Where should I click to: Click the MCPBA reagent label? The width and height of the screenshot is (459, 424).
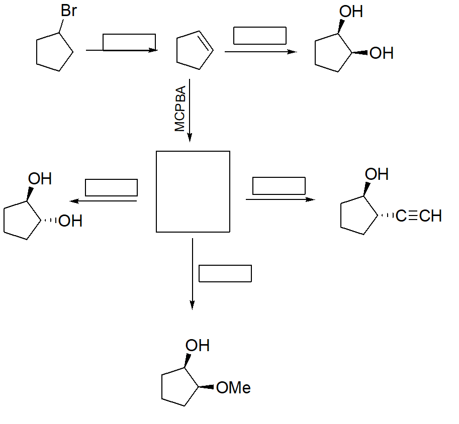180,109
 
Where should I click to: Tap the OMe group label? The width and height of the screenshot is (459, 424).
233,388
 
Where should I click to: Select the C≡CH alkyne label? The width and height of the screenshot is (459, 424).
418,216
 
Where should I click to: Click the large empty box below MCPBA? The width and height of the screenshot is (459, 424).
193,191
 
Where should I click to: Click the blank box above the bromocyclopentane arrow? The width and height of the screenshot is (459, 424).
129,42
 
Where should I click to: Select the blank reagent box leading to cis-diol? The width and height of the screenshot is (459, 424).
260,36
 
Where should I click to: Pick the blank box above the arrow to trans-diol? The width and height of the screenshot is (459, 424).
112,187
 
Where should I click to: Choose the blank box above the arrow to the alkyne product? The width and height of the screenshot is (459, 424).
279,185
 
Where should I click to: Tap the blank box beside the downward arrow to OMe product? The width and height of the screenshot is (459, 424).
225,273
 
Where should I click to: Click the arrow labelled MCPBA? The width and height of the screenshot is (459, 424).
190,111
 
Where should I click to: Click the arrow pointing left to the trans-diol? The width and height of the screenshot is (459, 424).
104,201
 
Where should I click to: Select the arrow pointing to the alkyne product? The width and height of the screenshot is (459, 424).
280,199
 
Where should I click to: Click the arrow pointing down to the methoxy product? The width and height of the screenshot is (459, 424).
192,274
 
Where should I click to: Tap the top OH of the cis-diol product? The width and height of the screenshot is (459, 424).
351,12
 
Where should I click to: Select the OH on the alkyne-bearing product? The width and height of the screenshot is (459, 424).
377,174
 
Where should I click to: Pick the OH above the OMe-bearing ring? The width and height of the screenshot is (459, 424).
198,346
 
